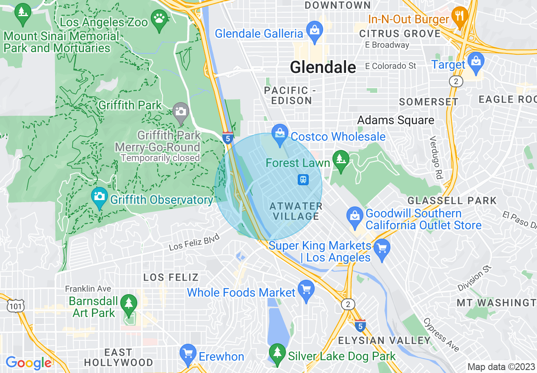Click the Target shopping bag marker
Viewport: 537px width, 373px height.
[476, 61]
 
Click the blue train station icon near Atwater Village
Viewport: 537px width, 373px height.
[303, 180]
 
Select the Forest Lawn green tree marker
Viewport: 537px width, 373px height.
[340, 160]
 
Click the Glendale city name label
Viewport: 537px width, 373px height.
[323, 67]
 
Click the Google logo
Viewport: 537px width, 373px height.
[28, 363]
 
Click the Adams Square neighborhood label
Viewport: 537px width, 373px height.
[396, 120]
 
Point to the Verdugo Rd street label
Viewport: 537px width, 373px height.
[435, 151]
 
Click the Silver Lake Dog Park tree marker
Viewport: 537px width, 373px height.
[277, 353]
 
